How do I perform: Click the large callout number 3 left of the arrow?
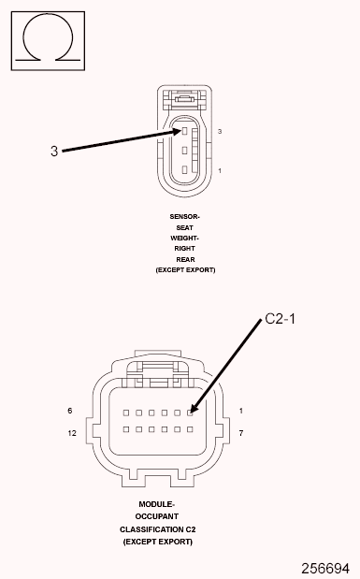click(54, 150)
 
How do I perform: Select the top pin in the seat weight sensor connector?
click(185, 133)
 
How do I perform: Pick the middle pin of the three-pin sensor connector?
click(185, 151)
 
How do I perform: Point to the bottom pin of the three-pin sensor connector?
click(185, 168)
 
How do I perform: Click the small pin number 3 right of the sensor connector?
click(219, 132)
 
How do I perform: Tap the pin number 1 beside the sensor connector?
click(219, 171)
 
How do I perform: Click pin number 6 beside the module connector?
click(70, 411)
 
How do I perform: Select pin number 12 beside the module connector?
click(71, 433)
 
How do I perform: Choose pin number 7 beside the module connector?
click(241, 433)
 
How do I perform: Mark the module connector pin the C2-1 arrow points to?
click(191, 412)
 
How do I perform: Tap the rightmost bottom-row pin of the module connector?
click(191, 430)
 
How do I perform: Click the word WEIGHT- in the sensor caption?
click(185, 238)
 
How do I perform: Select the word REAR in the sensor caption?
click(185, 259)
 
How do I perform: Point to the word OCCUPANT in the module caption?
click(157, 515)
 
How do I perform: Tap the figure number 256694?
click(324, 568)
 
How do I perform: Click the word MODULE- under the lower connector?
click(157, 503)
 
